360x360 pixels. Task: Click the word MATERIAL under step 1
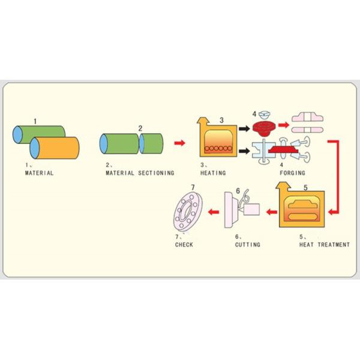click(39, 173)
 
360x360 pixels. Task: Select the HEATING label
click(213, 173)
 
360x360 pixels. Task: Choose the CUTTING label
click(247, 245)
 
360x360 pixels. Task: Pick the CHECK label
click(184, 245)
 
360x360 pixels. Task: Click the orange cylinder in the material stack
click(55, 148)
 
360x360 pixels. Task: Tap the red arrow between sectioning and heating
click(179, 143)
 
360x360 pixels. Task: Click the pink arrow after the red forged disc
click(283, 128)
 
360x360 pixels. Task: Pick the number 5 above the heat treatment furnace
click(305, 187)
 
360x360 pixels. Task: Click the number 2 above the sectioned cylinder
click(140, 128)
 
